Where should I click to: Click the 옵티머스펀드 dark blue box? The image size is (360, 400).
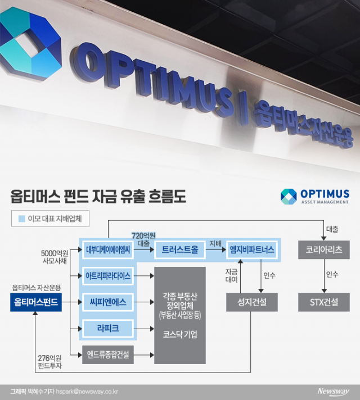click(35, 302)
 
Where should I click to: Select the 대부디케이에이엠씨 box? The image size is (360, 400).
click(108, 249)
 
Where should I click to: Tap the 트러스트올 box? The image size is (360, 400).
click(178, 249)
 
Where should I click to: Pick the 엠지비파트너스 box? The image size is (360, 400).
click(252, 249)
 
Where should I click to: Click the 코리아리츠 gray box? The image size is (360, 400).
click(323, 249)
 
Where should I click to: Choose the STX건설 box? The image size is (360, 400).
click(323, 302)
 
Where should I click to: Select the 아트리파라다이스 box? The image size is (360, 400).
click(108, 276)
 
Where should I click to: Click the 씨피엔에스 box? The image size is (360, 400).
click(108, 302)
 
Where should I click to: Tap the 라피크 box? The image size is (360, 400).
click(108, 328)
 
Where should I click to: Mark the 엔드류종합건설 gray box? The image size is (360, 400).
click(108, 354)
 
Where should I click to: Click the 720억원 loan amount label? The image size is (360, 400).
click(143, 235)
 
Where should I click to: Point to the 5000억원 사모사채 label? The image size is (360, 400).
click(55, 257)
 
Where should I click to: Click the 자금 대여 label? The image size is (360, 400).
click(231, 275)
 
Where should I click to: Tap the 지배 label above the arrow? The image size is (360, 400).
click(215, 243)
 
